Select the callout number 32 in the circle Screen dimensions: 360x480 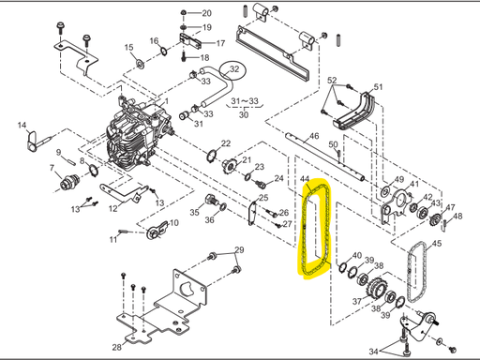(235, 69)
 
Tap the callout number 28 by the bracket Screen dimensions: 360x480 (118, 347)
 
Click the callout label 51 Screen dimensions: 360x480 (379, 88)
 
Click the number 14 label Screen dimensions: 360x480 (21, 124)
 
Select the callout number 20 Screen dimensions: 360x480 (206, 13)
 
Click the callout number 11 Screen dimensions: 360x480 (112, 239)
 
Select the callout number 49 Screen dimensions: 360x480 (398, 180)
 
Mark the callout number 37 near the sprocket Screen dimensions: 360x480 (357, 302)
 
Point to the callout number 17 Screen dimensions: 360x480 (220, 43)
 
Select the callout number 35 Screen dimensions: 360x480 (194, 213)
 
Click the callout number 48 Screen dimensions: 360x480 (457, 217)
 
